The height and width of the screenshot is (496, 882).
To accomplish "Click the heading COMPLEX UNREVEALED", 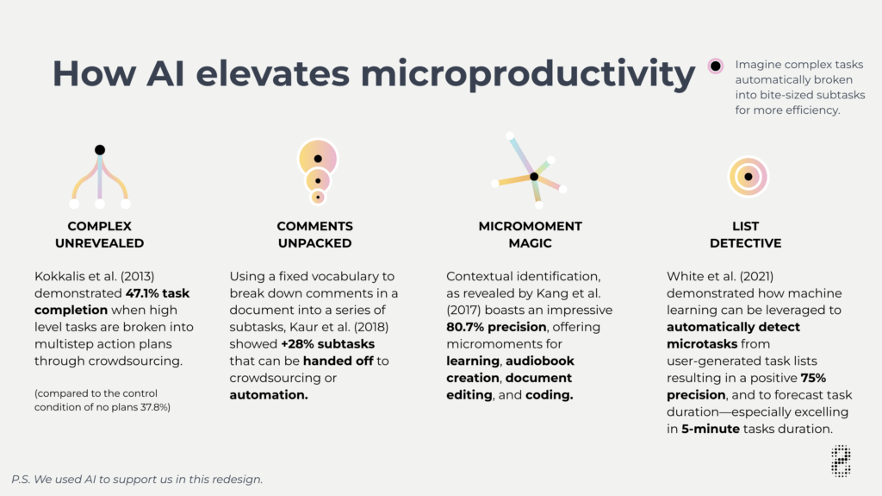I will [100, 235].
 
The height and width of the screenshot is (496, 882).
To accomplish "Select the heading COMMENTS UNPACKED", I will [315, 235].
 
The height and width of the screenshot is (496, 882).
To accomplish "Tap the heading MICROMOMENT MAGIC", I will [531, 235].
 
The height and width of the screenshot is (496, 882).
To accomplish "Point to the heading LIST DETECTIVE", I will [746, 235].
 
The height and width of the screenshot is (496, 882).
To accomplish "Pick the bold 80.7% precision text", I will [496, 327].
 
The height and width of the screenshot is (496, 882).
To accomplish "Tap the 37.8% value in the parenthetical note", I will [152, 407].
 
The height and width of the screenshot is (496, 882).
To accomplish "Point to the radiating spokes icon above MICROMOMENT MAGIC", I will [531, 173].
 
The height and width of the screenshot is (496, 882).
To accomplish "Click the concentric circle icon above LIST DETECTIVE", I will [748, 177].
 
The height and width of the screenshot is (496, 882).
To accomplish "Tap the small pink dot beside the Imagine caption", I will [715, 66].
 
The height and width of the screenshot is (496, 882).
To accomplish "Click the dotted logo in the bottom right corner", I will [841, 461].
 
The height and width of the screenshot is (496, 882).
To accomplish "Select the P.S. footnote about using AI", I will [137, 479].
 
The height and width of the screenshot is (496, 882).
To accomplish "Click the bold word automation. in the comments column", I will [269, 394].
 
